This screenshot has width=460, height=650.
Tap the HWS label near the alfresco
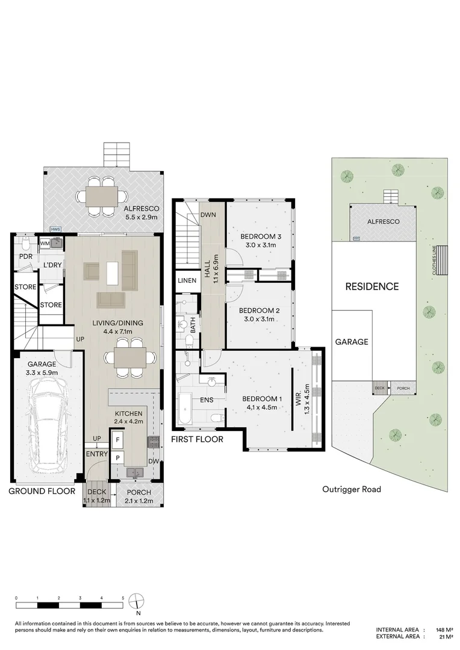55,229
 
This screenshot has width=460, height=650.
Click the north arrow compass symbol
138,601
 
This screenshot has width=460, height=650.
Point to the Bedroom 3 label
260,236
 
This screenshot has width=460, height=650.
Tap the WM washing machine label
44,243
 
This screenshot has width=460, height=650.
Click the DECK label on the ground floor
96,492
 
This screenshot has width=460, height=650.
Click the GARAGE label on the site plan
352,341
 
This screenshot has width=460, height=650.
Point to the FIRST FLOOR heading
197,439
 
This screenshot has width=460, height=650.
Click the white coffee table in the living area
113,273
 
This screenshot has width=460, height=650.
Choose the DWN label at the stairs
208,214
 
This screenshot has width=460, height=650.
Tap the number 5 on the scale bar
123,598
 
